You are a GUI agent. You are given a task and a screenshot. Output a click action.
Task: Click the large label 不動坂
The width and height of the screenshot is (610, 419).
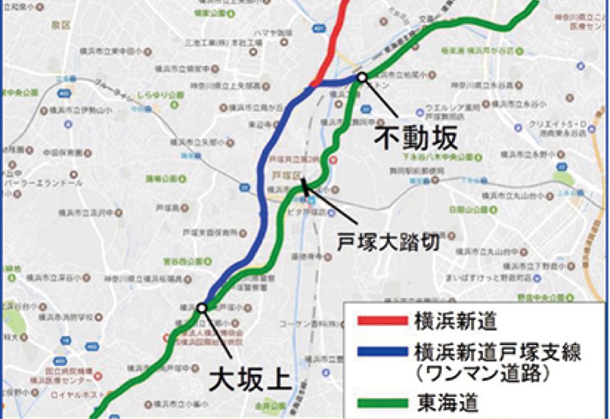coord(416,137)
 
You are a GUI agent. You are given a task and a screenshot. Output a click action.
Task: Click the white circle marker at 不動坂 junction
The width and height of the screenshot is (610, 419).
coord(362,77)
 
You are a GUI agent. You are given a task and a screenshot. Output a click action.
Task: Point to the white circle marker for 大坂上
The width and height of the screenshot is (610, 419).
coord(202,308)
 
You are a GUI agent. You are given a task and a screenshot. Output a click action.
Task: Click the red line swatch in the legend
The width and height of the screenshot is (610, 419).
coord(382,321)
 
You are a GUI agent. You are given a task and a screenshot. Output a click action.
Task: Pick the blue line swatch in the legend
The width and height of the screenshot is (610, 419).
coord(382,351)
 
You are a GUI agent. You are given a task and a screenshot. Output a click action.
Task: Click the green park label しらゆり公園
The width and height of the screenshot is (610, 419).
coord(153,95)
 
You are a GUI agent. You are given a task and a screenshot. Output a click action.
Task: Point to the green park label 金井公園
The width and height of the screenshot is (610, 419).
coord(264,406)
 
